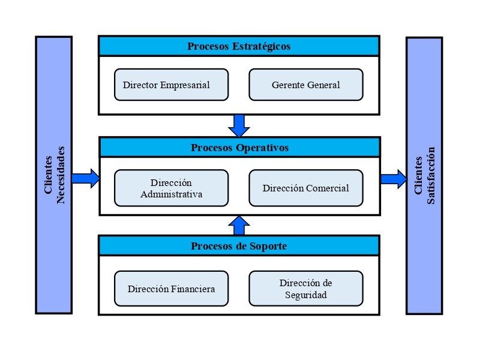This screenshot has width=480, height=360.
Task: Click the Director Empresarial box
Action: pos(171,85)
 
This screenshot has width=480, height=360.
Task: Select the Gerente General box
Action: pos(306,85)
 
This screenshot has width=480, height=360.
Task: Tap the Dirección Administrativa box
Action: pos(171,188)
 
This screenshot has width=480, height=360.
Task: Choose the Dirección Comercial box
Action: pos(306,188)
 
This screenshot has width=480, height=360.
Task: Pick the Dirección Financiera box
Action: pos(171,289)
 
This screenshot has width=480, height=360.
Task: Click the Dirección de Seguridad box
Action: pos(306,289)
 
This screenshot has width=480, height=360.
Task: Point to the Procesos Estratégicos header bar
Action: pos(239,46)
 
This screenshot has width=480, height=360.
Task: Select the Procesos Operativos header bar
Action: pos(239,147)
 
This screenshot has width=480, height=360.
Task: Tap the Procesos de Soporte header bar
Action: pos(239,245)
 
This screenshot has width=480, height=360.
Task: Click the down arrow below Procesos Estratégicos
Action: pos(239,126)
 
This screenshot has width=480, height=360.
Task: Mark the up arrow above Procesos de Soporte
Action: pos(239,226)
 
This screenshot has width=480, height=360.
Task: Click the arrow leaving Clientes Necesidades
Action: pos(86,178)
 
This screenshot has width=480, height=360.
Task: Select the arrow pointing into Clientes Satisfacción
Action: pos(394,179)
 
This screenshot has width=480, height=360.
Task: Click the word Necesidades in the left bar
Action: pos(61,175)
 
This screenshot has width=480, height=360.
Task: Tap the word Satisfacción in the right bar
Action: pos(430,175)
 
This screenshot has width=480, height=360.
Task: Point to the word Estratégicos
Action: pos(261,46)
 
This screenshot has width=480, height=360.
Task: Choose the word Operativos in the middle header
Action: pos(262,148)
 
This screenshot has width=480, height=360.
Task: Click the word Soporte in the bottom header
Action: pos(268,246)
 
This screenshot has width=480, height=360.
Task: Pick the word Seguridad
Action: pos(306,295)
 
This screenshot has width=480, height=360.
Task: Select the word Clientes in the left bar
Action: pos(48,175)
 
